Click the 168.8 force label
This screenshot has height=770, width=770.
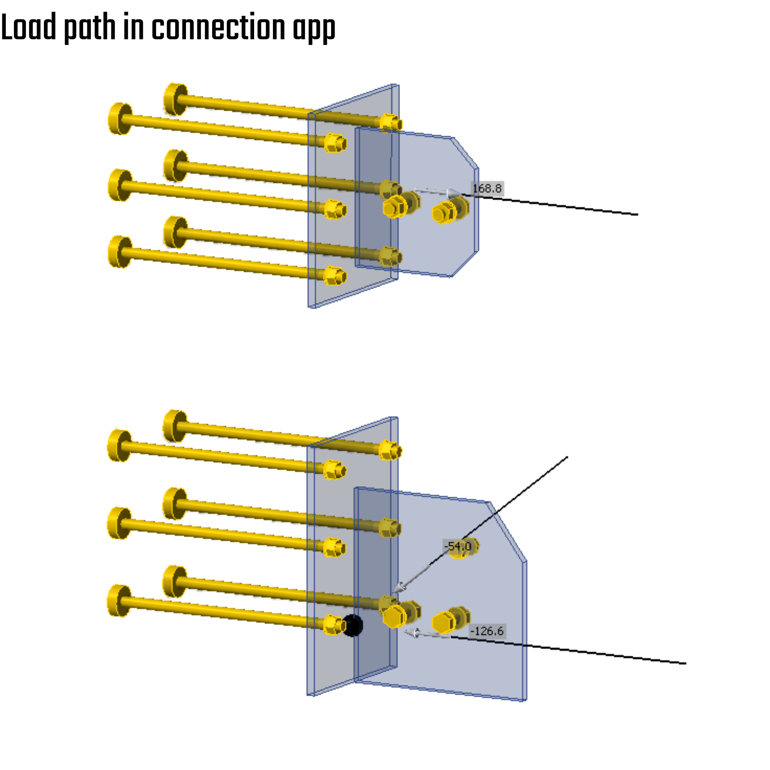tap(487, 189)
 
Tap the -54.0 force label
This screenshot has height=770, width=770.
tap(458, 546)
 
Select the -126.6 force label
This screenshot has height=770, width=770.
tap(487, 631)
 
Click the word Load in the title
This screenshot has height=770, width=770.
tap(29, 28)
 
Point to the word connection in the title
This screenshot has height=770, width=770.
tap(218, 28)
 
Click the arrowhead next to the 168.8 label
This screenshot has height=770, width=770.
tap(454, 193)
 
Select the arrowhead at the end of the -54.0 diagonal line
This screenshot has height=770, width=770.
tap(399, 588)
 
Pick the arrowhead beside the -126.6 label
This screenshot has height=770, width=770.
tap(412, 633)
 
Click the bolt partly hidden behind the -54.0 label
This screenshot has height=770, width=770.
tap(465, 547)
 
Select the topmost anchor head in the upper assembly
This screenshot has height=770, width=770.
tap(175, 99)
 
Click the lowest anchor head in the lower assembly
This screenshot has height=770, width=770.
tap(119, 601)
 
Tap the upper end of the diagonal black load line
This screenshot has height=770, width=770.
tap(567, 457)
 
